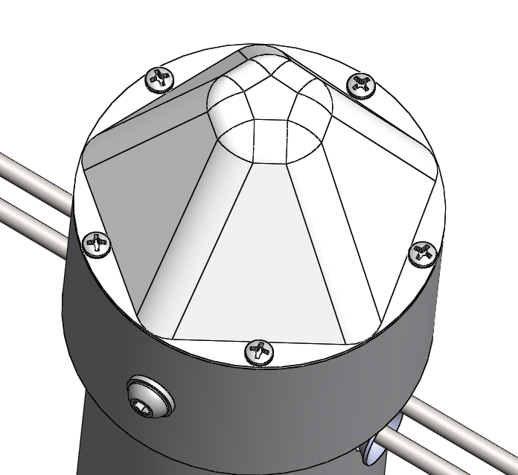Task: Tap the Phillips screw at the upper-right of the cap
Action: (361, 85)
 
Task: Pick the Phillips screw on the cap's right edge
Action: (423, 253)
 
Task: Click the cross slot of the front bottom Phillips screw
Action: (259, 350)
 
